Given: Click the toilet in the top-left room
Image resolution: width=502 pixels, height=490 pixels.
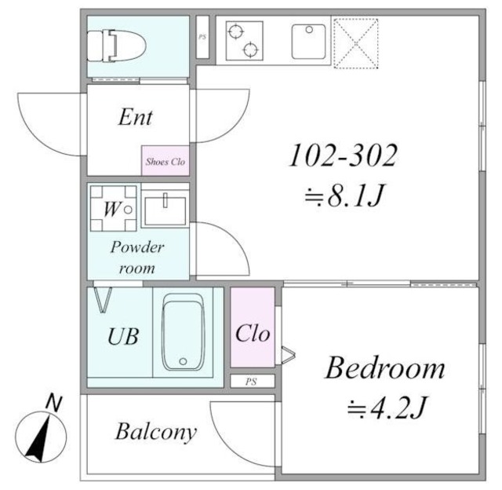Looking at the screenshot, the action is [117, 46].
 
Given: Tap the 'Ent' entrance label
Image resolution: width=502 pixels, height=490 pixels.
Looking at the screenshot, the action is [136, 117].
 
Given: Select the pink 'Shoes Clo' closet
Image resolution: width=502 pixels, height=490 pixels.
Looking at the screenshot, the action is [166, 160].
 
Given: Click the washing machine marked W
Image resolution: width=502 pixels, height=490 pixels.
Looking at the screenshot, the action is [113, 208].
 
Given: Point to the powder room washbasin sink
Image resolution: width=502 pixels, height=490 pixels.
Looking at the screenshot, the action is [165, 211].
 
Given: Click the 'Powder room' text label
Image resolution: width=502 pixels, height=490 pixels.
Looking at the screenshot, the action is [137, 258].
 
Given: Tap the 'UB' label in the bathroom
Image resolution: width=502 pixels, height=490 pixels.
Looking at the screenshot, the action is [123, 336].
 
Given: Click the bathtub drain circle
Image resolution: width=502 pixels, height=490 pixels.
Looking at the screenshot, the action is [183, 361].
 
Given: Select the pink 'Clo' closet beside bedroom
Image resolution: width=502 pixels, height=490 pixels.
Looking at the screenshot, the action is [253, 327].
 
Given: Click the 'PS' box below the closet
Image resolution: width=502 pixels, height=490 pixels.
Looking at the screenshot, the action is [253, 382].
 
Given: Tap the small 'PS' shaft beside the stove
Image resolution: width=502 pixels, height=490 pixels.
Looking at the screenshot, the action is [202, 37].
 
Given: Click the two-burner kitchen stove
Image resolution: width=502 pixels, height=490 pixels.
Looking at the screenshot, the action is [244, 41].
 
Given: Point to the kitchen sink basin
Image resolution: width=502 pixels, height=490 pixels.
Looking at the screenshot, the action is [308, 42].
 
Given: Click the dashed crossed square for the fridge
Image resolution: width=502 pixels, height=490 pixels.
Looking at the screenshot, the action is [356, 43].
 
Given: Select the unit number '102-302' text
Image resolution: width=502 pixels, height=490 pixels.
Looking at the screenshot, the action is [343, 155].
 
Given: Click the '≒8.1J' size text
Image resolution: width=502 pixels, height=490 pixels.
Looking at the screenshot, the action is [344, 195].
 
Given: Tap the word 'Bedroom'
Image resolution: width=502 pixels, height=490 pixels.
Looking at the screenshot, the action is [385, 368].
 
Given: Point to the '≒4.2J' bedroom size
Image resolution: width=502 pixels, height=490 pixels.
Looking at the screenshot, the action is [387, 408].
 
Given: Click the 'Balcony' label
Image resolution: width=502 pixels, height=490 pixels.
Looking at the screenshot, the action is [156, 433].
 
